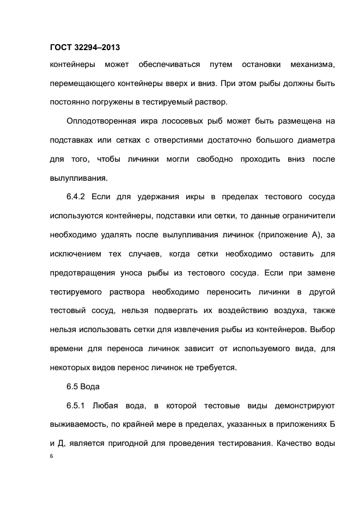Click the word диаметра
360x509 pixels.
[x=314, y=140]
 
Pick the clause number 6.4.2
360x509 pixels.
[x=77, y=196]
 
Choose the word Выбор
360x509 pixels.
[x=324, y=328]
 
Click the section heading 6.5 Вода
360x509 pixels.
[x=82, y=387]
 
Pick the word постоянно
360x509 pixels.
[x=70, y=101]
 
